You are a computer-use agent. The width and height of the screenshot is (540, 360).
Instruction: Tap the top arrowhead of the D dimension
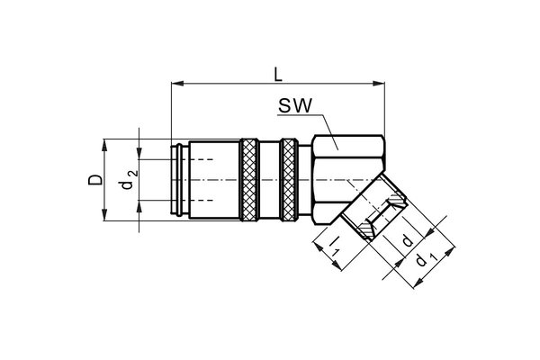(107, 144)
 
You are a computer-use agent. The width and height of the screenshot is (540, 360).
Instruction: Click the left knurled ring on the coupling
(249, 180)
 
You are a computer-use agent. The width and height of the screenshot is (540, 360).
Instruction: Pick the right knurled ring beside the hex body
(289, 180)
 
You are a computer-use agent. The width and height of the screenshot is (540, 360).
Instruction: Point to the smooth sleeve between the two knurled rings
(269, 180)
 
